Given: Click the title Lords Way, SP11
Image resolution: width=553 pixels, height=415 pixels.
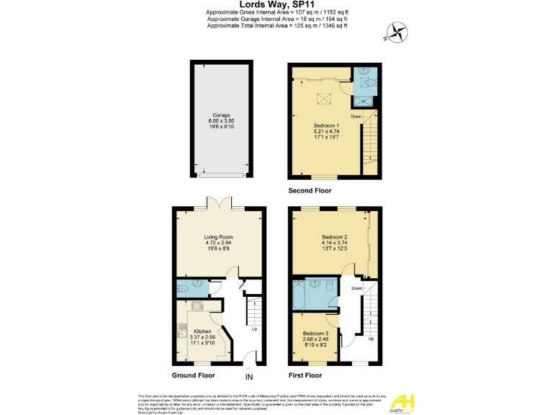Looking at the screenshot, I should (x=276, y=4).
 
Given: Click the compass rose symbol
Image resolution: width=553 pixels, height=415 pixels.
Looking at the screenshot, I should (x=396, y=31).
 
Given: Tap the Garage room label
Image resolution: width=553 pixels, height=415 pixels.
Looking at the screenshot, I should (x=222, y=117).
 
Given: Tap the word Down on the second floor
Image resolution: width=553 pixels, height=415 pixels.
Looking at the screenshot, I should (x=356, y=116).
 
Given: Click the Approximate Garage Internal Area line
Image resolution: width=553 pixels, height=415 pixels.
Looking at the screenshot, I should (x=276, y=19).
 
